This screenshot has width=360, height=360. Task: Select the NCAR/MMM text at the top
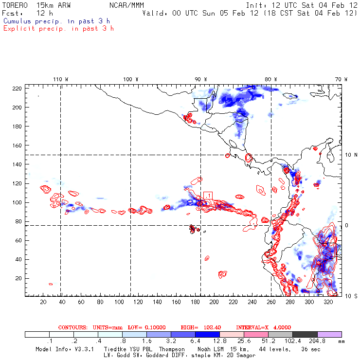[126, 5]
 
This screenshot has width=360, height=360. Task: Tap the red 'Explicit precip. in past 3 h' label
[58, 28]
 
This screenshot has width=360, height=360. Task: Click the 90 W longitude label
[200, 79]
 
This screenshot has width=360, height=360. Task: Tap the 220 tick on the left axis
[18, 89]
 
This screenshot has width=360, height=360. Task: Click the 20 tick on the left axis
[19, 278]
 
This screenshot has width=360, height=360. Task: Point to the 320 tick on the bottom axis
[328, 302]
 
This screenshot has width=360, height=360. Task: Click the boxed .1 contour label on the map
[208, 195]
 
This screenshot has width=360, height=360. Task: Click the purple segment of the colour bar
[329, 335]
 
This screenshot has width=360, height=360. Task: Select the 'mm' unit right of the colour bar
[347, 342]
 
